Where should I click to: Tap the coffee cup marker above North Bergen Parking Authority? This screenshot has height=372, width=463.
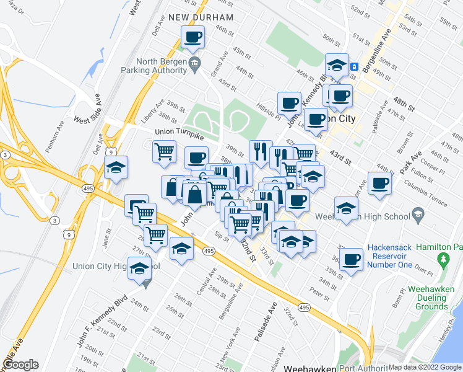tap(193, 37)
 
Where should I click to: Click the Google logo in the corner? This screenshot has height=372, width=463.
tap(20, 365)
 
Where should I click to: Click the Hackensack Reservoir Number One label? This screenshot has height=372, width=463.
tap(389, 256)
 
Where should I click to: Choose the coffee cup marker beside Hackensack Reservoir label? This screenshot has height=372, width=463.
tap(352, 259)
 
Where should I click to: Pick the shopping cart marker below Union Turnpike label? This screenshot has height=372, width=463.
tap(165, 151)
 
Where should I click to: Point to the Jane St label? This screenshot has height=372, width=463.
tap(106, 239)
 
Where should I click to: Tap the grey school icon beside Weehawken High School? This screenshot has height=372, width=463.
tap(418, 216)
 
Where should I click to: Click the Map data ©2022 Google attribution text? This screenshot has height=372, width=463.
tap(425, 367)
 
